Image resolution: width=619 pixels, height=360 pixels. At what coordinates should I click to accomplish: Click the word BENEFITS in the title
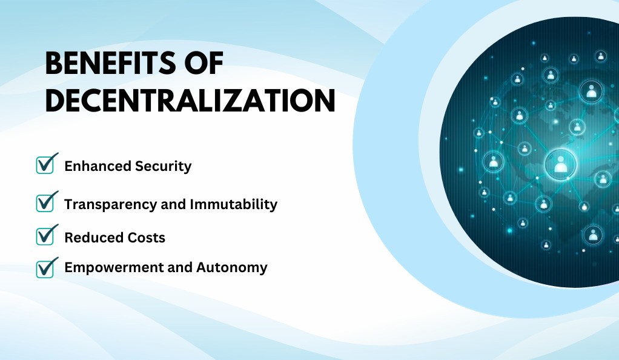pyautogui.click(x=110, y=63)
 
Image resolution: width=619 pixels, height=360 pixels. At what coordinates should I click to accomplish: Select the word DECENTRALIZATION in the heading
pyautogui.click(x=190, y=101)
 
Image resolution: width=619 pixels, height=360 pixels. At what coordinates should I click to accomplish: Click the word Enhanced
pyautogui.click(x=98, y=166)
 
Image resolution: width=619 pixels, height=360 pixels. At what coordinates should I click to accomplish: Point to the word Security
pyautogui.click(x=164, y=167)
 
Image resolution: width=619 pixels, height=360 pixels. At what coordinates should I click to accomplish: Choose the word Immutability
pyautogui.click(x=234, y=204)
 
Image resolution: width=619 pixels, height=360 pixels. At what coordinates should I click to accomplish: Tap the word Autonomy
pyautogui.click(x=232, y=268)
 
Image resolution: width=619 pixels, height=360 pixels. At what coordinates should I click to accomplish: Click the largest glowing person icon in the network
pyautogui.click(x=561, y=164)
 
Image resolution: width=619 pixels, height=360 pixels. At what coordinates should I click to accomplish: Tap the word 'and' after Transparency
pyautogui.click(x=173, y=204)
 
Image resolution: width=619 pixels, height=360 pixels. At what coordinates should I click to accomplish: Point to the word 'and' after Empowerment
pyautogui.click(x=180, y=267)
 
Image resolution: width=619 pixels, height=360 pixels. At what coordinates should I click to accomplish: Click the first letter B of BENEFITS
pyautogui.click(x=55, y=63)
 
